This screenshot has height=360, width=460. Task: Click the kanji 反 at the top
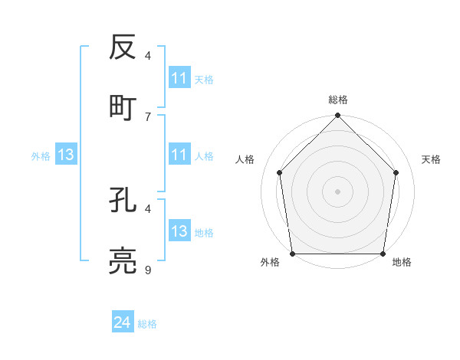tap(123, 47)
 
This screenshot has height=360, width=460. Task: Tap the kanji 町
tap(123, 107)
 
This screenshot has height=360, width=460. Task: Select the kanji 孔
tap(123, 200)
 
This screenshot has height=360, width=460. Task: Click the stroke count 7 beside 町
tap(148, 116)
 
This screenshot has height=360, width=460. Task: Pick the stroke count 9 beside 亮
tap(148, 270)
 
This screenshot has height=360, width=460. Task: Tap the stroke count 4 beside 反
tap(148, 55)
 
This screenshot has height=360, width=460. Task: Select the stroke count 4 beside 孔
tap(148, 208)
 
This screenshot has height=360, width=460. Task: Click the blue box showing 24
tap(123, 322)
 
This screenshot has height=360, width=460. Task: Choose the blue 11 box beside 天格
tap(179, 78)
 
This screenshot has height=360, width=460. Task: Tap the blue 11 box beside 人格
tap(179, 155)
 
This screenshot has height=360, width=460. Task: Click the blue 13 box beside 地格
tap(179, 231)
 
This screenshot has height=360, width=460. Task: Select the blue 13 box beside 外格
tap(66, 155)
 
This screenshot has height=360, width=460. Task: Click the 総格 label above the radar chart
tap(338, 100)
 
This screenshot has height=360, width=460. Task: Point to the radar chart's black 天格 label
tap(431, 159)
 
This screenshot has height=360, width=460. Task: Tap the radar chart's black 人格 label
tap(245, 159)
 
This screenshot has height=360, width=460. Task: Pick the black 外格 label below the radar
tap(270, 262)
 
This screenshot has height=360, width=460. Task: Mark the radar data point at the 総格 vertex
tap(338, 116)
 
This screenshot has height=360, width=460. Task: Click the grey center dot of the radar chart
tap(338, 191)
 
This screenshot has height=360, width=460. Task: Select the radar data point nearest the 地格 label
tap(383, 254)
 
